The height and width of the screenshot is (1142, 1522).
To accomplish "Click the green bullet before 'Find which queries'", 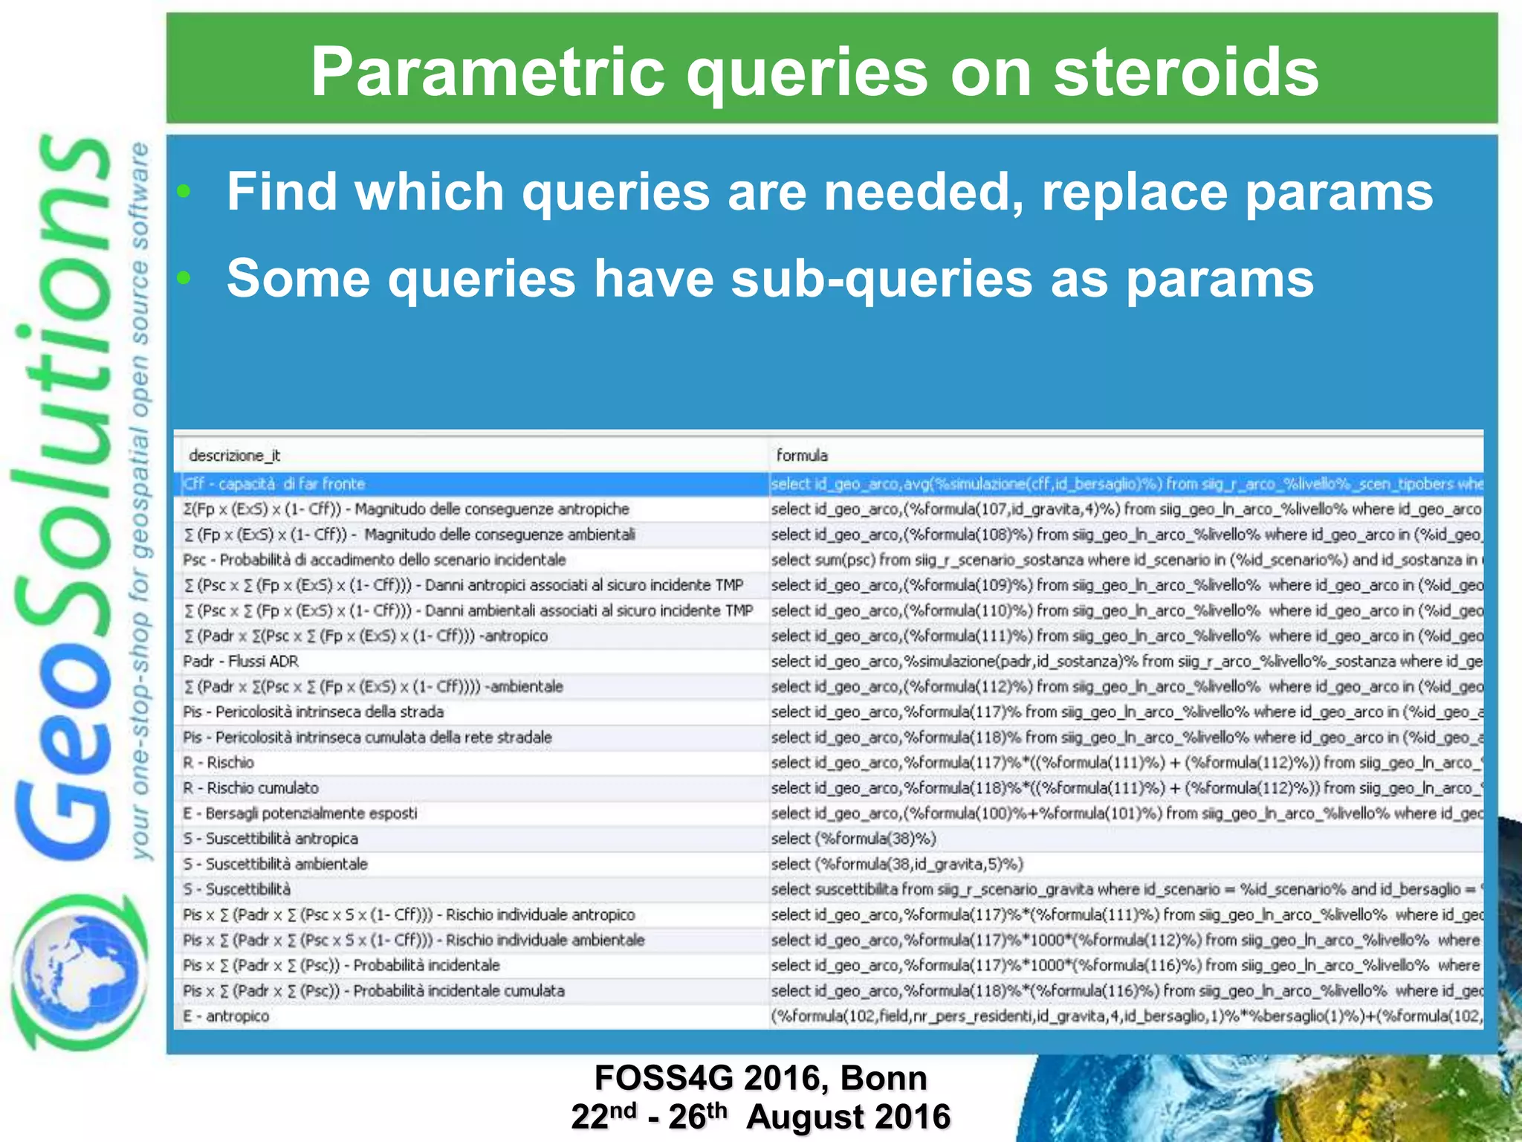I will (x=184, y=192).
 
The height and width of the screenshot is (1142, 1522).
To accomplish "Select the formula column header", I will (x=802, y=455).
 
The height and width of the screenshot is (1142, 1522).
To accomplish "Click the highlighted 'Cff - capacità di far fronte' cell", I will (x=274, y=484).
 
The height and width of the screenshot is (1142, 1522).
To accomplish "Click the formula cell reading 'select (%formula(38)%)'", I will (x=853, y=839).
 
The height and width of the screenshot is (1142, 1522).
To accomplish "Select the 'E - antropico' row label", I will (x=226, y=1016).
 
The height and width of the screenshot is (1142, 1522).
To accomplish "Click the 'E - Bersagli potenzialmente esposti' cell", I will (x=300, y=813).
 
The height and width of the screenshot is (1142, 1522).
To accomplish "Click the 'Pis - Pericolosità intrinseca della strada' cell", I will (x=313, y=712).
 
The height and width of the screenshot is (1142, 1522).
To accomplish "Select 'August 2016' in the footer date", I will (x=848, y=1117).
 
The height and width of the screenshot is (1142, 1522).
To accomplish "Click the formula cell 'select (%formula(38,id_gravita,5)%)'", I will (x=897, y=864).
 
